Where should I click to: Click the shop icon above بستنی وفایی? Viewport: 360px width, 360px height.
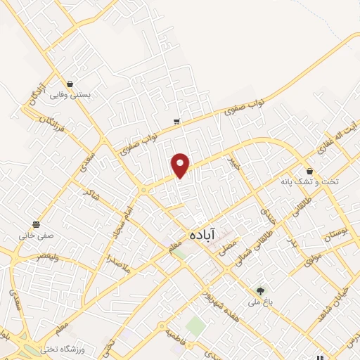coord(69,84)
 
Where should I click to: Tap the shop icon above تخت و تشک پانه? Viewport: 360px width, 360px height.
coord(309,171)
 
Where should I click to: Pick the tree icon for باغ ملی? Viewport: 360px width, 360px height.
coord(261,290)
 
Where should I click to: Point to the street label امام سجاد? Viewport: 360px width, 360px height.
coord(121,219)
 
